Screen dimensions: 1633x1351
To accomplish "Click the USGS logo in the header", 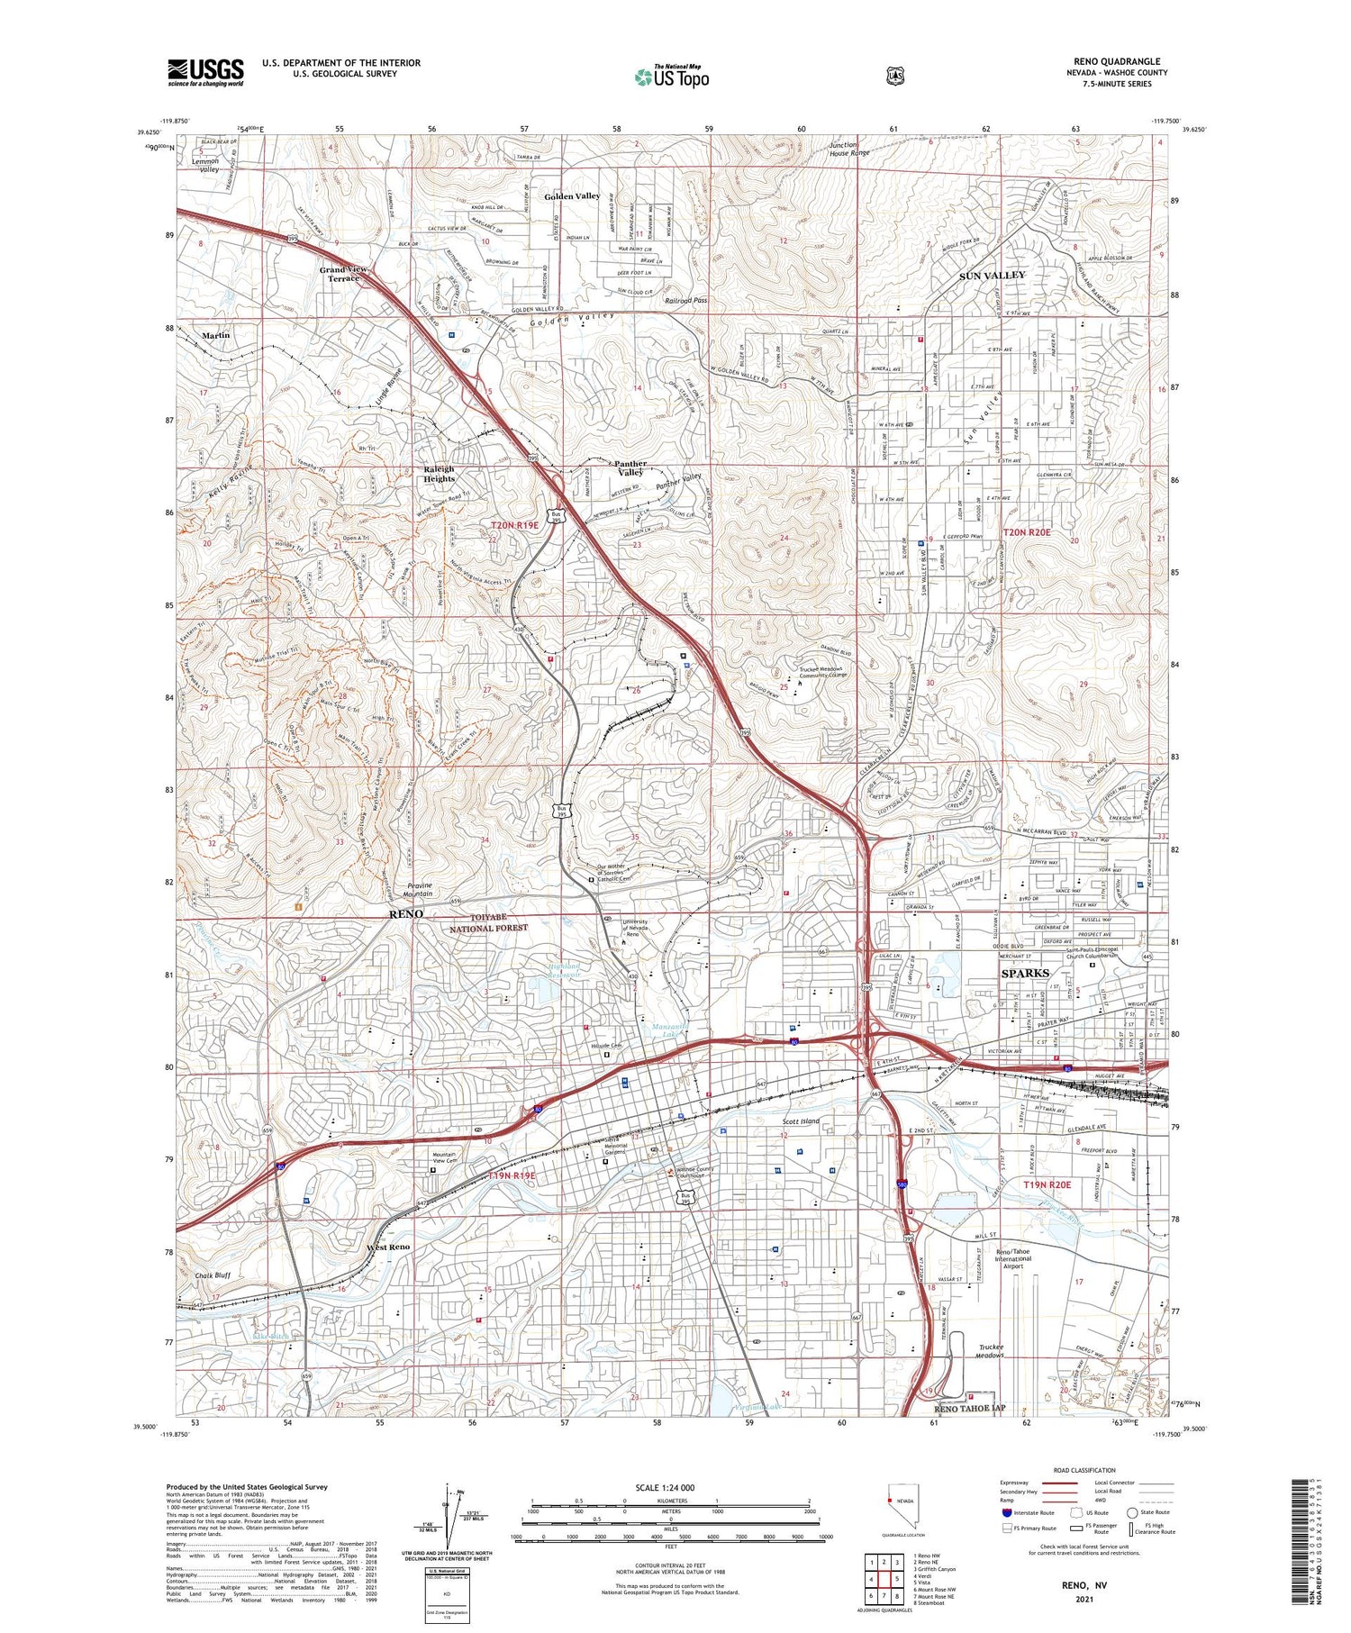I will pos(205,72).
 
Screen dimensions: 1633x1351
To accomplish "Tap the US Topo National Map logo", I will pos(671,77).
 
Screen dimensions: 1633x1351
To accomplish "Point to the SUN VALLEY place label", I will pos(992,275).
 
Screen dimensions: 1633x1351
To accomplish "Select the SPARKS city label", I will pos(1025,973).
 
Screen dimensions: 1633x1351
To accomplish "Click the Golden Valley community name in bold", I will pos(572,196).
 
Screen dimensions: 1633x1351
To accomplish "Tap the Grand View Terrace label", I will pos(343,274).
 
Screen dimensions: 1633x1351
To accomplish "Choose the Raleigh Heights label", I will pos(440,474).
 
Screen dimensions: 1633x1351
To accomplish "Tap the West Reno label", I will pos(388,1247).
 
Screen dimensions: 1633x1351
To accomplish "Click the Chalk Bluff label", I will pos(213,1275).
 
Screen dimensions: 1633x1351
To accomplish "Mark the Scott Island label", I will pos(801,1121).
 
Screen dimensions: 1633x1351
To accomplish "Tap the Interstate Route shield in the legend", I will pos(1006,1512).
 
